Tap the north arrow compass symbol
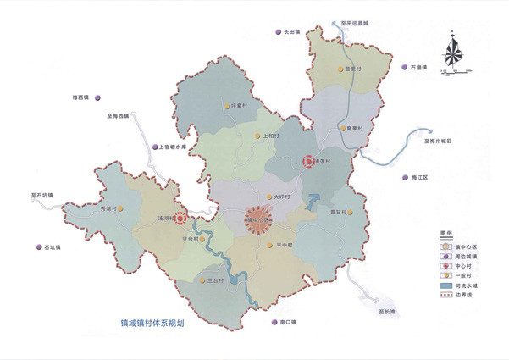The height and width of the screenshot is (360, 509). pyautogui.click(x=453, y=51)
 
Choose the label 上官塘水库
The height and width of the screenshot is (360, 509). pyautogui.click(x=179, y=147)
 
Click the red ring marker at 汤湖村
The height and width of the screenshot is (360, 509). pyautogui.click(x=180, y=218)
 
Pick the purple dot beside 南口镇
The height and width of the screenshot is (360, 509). pyautogui.click(x=275, y=323)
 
